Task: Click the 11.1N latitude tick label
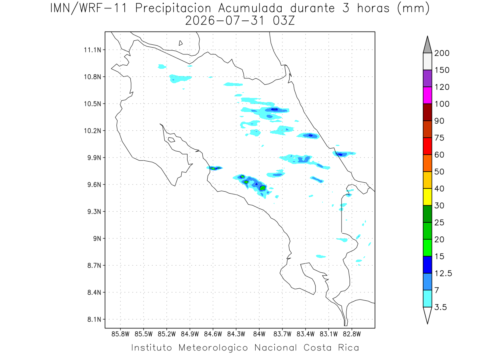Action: pos(92,50)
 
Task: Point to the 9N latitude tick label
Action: pos(97,238)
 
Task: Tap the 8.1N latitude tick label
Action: pos(94,319)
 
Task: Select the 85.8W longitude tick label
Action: pos(120,334)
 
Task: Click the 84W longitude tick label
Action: pos(259,334)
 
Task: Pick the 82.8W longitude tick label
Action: pos(352,334)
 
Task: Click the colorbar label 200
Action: pos(442,53)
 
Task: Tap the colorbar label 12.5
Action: pos(443,273)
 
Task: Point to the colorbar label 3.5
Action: pos(440,307)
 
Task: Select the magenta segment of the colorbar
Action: pos(427,95)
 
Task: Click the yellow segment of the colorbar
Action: pos(427,197)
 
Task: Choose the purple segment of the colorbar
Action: pos(427,78)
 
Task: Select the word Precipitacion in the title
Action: pos(173,8)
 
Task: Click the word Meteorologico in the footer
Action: pos(213,348)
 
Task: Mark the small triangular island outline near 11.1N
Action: pos(180,43)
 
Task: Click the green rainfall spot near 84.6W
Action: pos(213,168)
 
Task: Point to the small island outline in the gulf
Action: pos(172,140)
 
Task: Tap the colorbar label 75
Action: pos(439,138)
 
